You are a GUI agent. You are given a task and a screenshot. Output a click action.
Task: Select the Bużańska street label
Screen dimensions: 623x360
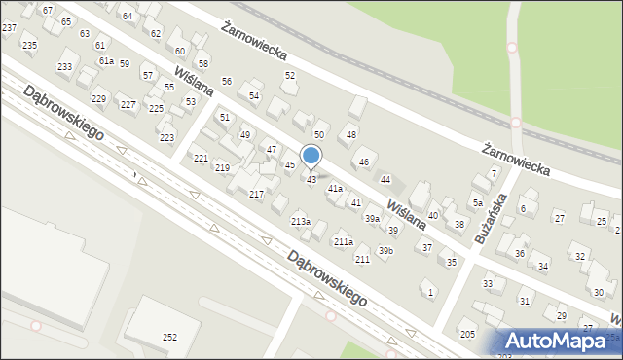tap(489, 221)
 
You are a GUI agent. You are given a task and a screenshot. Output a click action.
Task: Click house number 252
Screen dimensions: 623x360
tap(169, 338)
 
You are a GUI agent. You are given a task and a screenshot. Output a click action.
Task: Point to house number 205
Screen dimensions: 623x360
tap(467, 335)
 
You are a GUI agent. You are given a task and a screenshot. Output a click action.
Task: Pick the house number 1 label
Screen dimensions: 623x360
tap(430, 292)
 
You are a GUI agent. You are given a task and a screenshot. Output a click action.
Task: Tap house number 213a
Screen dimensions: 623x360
tap(301, 222)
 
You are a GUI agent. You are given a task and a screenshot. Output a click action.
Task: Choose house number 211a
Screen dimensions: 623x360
tap(344, 241)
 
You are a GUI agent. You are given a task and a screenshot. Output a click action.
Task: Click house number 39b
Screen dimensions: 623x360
tap(386, 251)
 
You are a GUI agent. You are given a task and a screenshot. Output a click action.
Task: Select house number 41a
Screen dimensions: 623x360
tap(335, 188)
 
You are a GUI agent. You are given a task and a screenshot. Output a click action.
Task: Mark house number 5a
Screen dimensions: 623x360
tap(478, 203)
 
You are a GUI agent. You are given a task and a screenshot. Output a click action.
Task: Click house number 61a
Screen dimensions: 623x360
tap(105, 60)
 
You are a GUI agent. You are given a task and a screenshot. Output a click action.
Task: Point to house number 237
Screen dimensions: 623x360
tap(9, 28)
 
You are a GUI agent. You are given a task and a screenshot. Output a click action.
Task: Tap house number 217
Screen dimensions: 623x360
tap(257, 195)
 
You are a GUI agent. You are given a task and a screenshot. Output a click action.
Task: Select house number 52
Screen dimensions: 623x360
tap(290, 75)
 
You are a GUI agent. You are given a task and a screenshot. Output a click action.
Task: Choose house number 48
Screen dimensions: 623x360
tap(351, 134)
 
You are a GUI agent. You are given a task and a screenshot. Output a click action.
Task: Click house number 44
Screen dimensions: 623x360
tap(385, 180)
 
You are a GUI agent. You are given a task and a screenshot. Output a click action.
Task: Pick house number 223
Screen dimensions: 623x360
tap(167, 138)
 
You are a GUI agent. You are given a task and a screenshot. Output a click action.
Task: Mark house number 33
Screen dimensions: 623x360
tap(488, 283)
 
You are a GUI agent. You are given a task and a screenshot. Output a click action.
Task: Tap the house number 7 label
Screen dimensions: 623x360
tap(495, 173)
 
